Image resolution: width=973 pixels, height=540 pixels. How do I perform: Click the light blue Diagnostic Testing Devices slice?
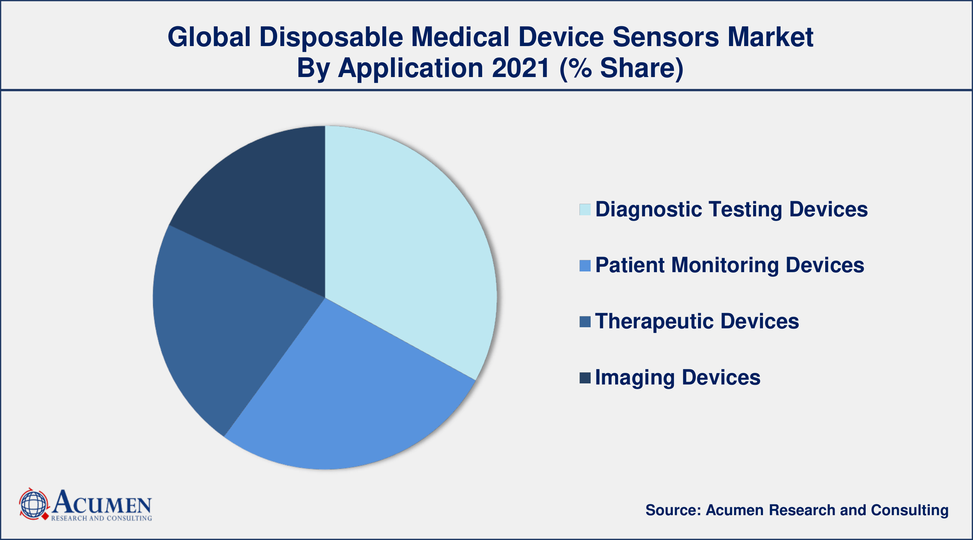408,242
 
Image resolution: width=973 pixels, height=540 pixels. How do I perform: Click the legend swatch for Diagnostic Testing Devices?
585,210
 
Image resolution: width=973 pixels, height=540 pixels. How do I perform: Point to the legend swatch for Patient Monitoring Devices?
585,266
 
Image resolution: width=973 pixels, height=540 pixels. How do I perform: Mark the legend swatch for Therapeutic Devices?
585,322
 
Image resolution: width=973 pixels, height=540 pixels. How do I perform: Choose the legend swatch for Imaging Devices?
585,378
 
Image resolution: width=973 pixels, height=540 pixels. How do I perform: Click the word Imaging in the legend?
635,378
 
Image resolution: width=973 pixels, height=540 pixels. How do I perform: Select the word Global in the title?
209,37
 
